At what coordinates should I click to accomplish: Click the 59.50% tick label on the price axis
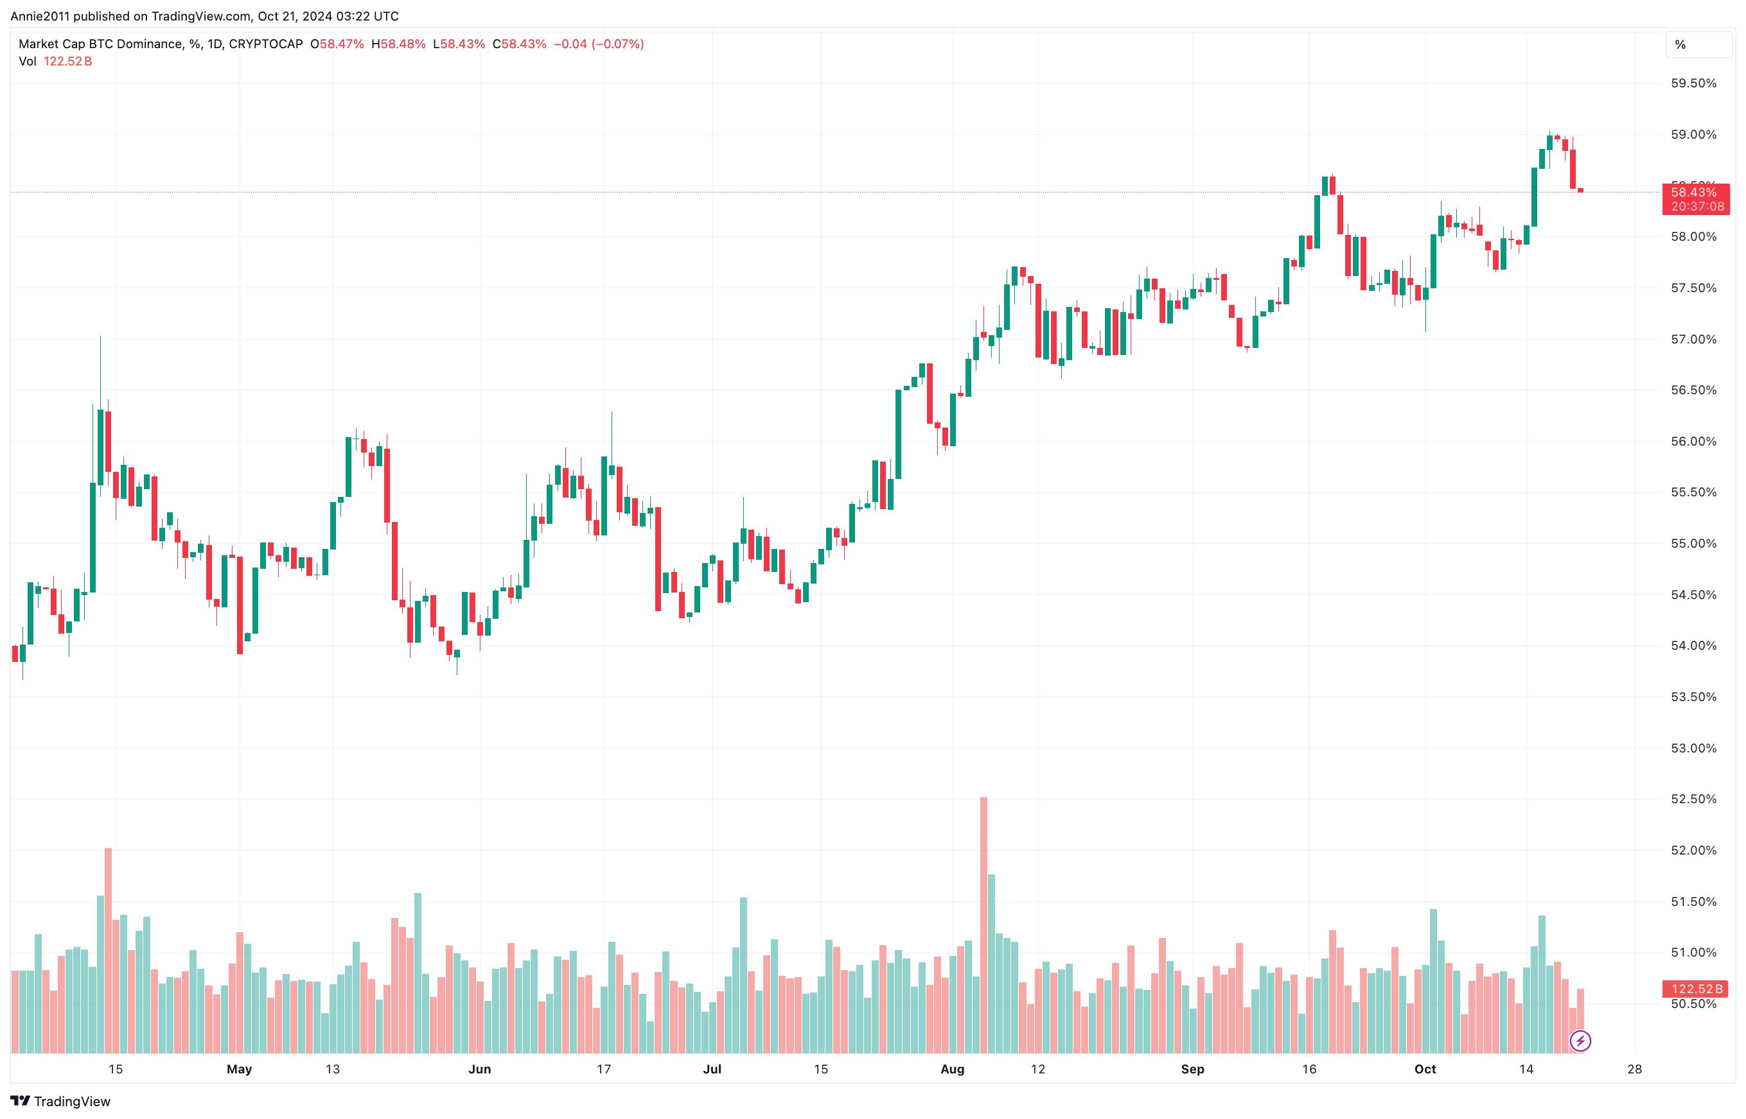[x=1693, y=83]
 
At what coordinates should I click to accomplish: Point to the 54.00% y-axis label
[x=1693, y=646]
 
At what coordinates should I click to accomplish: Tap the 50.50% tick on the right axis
[x=1693, y=1004]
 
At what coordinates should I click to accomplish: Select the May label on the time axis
[x=239, y=1069]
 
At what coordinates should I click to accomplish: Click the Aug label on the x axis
[x=952, y=1069]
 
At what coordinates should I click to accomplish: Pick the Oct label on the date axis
[x=1425, y=1069]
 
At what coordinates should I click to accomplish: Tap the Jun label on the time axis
[x=480, y=1069]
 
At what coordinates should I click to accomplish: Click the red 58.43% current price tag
[x=1695, y=193]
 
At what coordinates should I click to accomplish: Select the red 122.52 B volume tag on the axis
[x=1695, y=989]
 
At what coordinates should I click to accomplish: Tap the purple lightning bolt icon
[x=1580, y=1041]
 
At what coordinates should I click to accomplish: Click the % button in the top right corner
[x=1698, y=45]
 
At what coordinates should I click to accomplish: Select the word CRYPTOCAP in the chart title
[x=265, y=44]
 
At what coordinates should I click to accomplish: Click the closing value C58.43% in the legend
[x=519, y=44]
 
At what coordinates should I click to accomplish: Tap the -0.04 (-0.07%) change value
[x=598, y=44]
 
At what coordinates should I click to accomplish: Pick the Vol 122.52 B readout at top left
[x=55, y=62]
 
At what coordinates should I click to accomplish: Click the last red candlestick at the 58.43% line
[x=1580, y=191]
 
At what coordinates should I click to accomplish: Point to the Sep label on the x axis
[x=1192, y=1069]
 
